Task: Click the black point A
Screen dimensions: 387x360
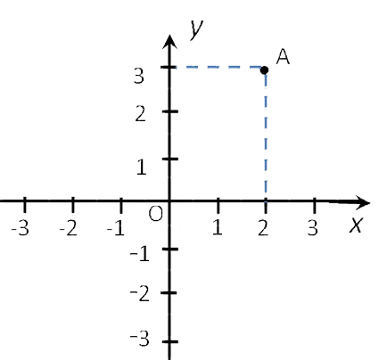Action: click(x=264, y=70)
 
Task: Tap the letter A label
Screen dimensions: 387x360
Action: click(x=283, y=56)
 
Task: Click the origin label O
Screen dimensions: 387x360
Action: click(x=156, y=214)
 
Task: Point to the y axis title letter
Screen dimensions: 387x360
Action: click(x=196, y=29)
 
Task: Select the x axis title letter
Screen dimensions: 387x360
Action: click(x=356, y=225)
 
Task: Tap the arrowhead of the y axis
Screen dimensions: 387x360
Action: click(x=169, y=42)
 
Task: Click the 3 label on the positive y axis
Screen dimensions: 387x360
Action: click(x=139, y=76)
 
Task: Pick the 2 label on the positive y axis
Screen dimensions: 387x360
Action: click(x=140, y=114)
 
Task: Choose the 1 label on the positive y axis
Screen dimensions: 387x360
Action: click(x=142, y=167)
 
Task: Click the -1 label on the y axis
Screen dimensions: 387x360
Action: click(x=139, y=254)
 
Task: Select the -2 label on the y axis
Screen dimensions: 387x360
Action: click(x=139, y=294)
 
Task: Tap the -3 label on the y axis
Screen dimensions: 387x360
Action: click(x=139, y=340)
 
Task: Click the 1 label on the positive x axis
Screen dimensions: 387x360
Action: click(x=218, y=228)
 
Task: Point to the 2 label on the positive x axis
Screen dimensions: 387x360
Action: click(x=263, y=228)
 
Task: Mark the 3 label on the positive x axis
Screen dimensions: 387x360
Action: click(x=312, y=228)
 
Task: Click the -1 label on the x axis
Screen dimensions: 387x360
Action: click(x=116, y=229)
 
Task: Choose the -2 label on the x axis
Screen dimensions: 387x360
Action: click(x=69, y=229)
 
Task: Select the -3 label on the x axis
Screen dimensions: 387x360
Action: click(x=20, y=229)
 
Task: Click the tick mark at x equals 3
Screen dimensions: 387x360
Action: click(x=315, y=205)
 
